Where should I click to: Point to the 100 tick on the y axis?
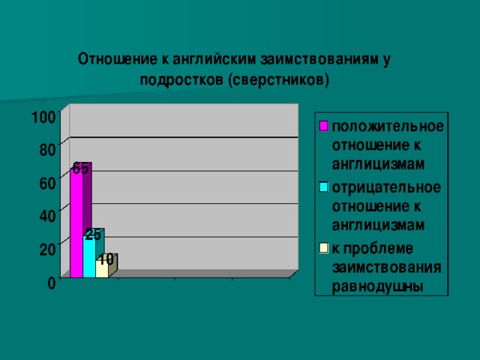coord(44,117)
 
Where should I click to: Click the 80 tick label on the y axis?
coord(48,150)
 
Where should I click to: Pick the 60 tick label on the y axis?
coord(48,183)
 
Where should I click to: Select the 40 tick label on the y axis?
coord(48,216)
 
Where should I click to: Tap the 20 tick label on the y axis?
coord(48,250)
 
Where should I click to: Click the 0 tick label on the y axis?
coord(52,283)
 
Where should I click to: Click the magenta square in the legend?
coord(323,126)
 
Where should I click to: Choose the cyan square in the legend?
coord(323,187)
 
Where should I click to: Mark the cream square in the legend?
coord(323,248)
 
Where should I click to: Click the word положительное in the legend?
coord(388,127)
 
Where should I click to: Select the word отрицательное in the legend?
coord(386,187)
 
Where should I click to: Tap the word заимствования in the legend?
coord(387,268)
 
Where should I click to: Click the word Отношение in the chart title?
coord(116,58)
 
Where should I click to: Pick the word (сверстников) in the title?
coord(278,80)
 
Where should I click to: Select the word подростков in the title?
coord(181,81)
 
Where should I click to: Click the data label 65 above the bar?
coord(80,168)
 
